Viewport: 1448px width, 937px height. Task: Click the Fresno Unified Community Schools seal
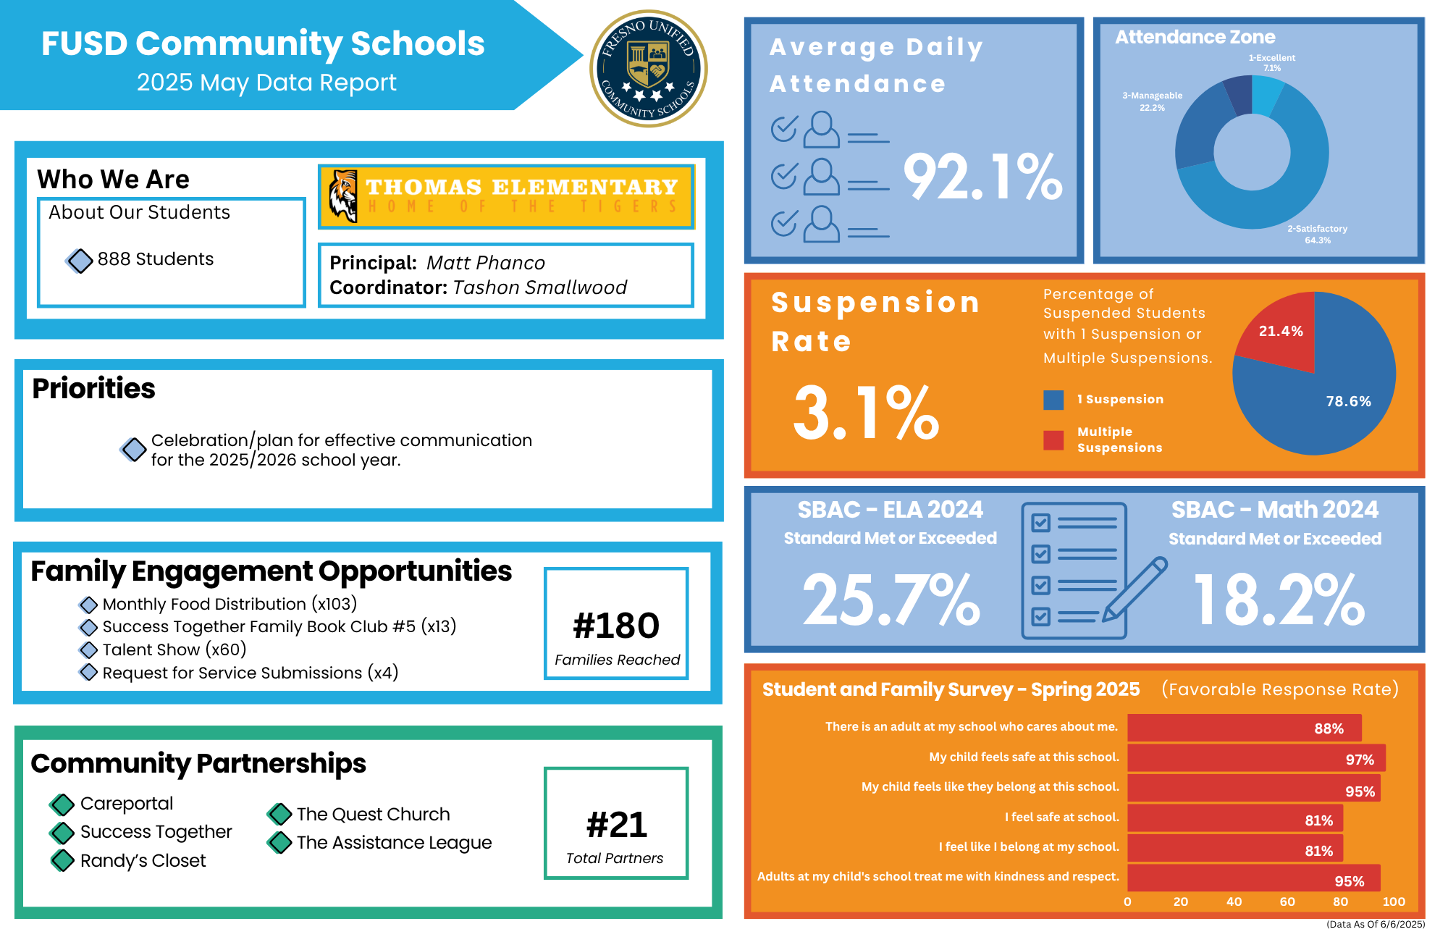649,69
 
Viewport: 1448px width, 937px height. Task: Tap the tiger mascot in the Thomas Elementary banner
343,196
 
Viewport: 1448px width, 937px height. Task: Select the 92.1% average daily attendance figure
982,177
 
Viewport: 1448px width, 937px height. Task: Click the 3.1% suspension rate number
866,413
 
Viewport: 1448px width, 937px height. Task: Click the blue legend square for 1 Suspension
1053,400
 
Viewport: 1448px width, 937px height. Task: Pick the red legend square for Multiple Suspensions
1053,440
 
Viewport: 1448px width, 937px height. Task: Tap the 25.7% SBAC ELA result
891,600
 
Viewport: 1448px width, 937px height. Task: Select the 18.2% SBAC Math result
1279,600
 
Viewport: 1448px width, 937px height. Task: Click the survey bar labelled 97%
1256,758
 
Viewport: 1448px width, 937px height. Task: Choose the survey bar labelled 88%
1244,728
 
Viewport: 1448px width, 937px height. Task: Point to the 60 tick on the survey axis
1287,902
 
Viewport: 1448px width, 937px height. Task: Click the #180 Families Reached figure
616,626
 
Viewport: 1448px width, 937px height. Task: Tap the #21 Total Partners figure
616,825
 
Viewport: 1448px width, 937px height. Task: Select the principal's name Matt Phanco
485,263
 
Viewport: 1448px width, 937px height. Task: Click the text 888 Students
155,259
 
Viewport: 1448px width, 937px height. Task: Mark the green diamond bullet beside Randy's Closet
62,860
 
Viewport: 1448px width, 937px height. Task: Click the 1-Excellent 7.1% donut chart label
1271,62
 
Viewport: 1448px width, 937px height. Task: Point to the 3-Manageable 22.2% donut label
1152,101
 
